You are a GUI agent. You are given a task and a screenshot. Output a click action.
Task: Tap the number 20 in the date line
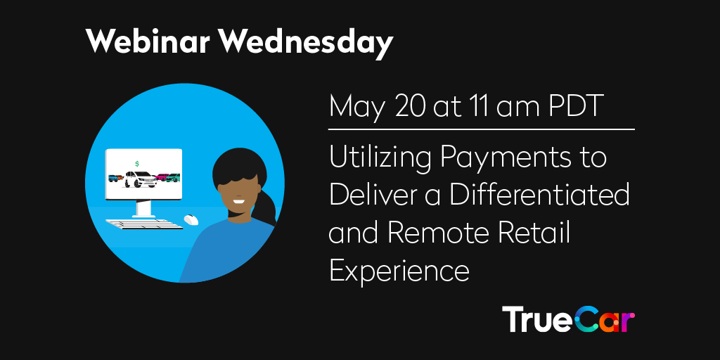(x=396, y=107)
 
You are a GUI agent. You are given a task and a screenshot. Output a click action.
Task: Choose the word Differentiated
(x=540, y=195)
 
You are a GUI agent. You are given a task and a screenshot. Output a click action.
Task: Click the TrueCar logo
(x=568, y=319)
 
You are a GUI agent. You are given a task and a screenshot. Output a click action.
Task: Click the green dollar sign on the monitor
(x=136, y=163)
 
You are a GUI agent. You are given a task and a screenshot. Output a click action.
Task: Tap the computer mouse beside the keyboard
(x=191, y=220)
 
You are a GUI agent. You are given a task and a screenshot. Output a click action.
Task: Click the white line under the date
(x=482, y=129)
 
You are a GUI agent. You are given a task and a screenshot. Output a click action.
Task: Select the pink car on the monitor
(x=162, y=177)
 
